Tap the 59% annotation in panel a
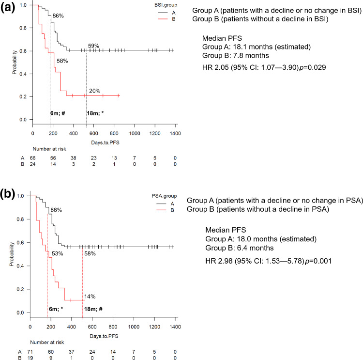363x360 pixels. tap(93, 46)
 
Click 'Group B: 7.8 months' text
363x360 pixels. tap(234, 56)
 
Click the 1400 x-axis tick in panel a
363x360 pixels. tap(175, 133)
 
